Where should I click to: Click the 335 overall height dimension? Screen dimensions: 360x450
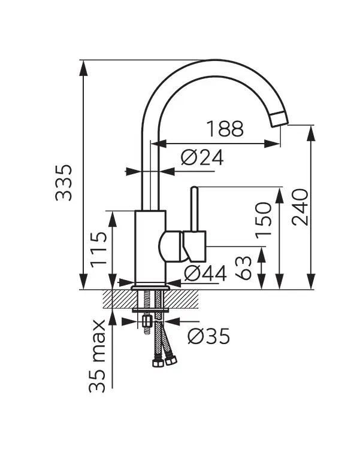63,183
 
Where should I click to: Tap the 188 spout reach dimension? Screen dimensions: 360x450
225,129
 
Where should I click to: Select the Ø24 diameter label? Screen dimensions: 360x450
202,157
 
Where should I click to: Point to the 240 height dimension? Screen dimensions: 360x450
300,207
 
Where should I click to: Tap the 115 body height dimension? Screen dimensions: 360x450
99,250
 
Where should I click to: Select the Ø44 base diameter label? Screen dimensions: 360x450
205,273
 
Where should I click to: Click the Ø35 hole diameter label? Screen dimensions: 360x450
209,336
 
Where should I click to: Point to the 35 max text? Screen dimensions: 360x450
97,355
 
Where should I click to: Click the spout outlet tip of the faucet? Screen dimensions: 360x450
279,118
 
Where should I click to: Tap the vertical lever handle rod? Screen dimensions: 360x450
195,209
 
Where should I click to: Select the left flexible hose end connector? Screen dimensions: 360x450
158,362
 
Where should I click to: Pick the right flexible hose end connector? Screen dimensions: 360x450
171,360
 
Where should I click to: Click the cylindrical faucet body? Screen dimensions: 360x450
150,248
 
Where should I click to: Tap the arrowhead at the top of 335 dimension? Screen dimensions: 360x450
83,68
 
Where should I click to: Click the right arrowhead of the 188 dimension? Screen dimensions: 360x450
272,144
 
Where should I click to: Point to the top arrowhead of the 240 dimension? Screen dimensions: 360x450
311,133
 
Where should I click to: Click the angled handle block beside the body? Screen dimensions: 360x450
195,246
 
